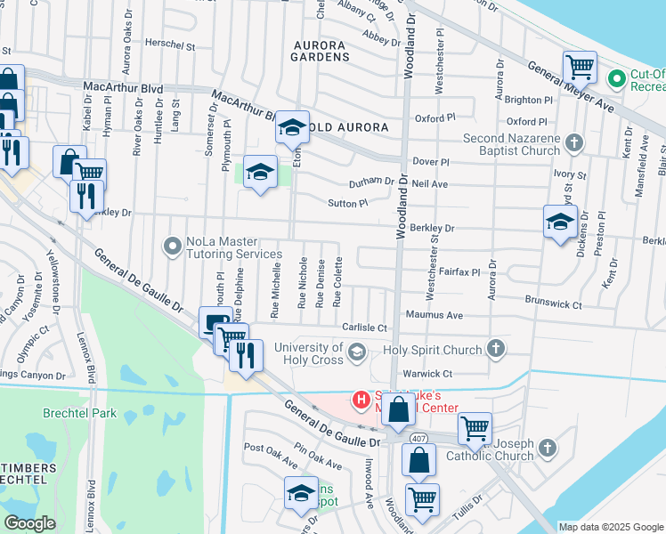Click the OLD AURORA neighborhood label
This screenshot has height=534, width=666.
(x=349, y=127)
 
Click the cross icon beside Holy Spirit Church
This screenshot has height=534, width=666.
(x=496, y=349)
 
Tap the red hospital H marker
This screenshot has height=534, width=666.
(x=361, y=400)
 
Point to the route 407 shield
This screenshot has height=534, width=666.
(x=418, y=438)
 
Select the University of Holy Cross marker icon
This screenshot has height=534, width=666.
(x=356, y=352)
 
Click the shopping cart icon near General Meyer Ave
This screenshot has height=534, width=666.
(x=580, y=66)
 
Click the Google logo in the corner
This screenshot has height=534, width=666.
(x=29, y=523)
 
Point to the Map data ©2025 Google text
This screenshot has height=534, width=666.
(x=611, y=527)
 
